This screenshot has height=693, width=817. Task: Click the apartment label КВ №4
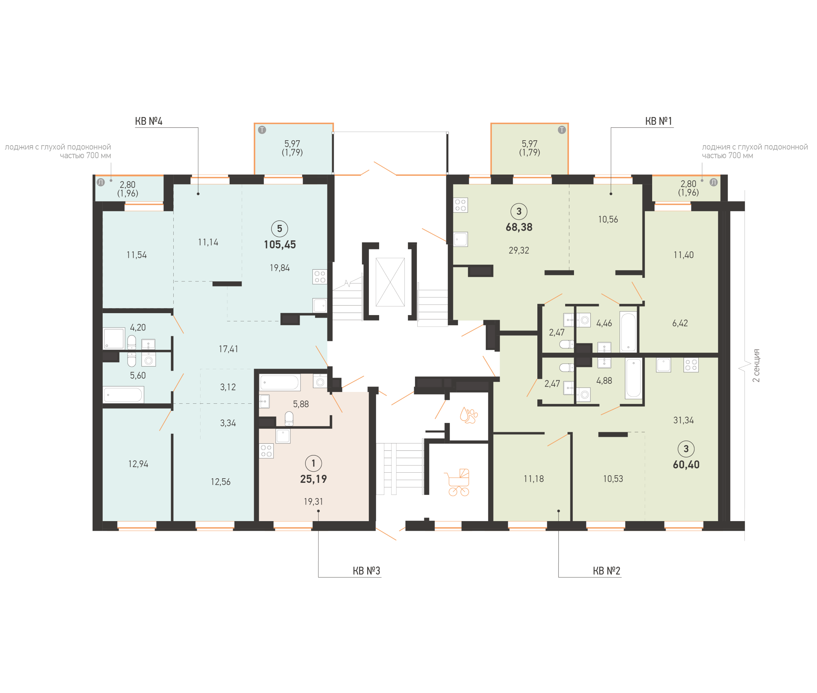148,121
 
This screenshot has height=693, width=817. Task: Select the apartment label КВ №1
659,121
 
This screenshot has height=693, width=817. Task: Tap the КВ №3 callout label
366,571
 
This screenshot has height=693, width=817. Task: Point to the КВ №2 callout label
606,571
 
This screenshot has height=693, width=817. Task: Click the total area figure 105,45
280,245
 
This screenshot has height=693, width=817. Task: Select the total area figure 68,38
519,227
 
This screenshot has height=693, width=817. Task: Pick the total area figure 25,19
313,479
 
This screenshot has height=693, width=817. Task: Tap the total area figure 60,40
686,465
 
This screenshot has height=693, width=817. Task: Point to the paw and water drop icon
468,415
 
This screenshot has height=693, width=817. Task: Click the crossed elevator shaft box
390,282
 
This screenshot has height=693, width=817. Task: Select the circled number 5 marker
279,228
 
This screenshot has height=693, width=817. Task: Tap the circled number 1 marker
313,463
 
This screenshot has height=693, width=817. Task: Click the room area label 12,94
138,464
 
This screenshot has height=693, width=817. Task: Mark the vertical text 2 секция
756,365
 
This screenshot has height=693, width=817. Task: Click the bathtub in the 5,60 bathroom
123,395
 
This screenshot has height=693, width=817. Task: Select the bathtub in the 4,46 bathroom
628,332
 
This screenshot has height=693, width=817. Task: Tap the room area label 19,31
313,502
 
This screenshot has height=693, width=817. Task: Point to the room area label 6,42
680,323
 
